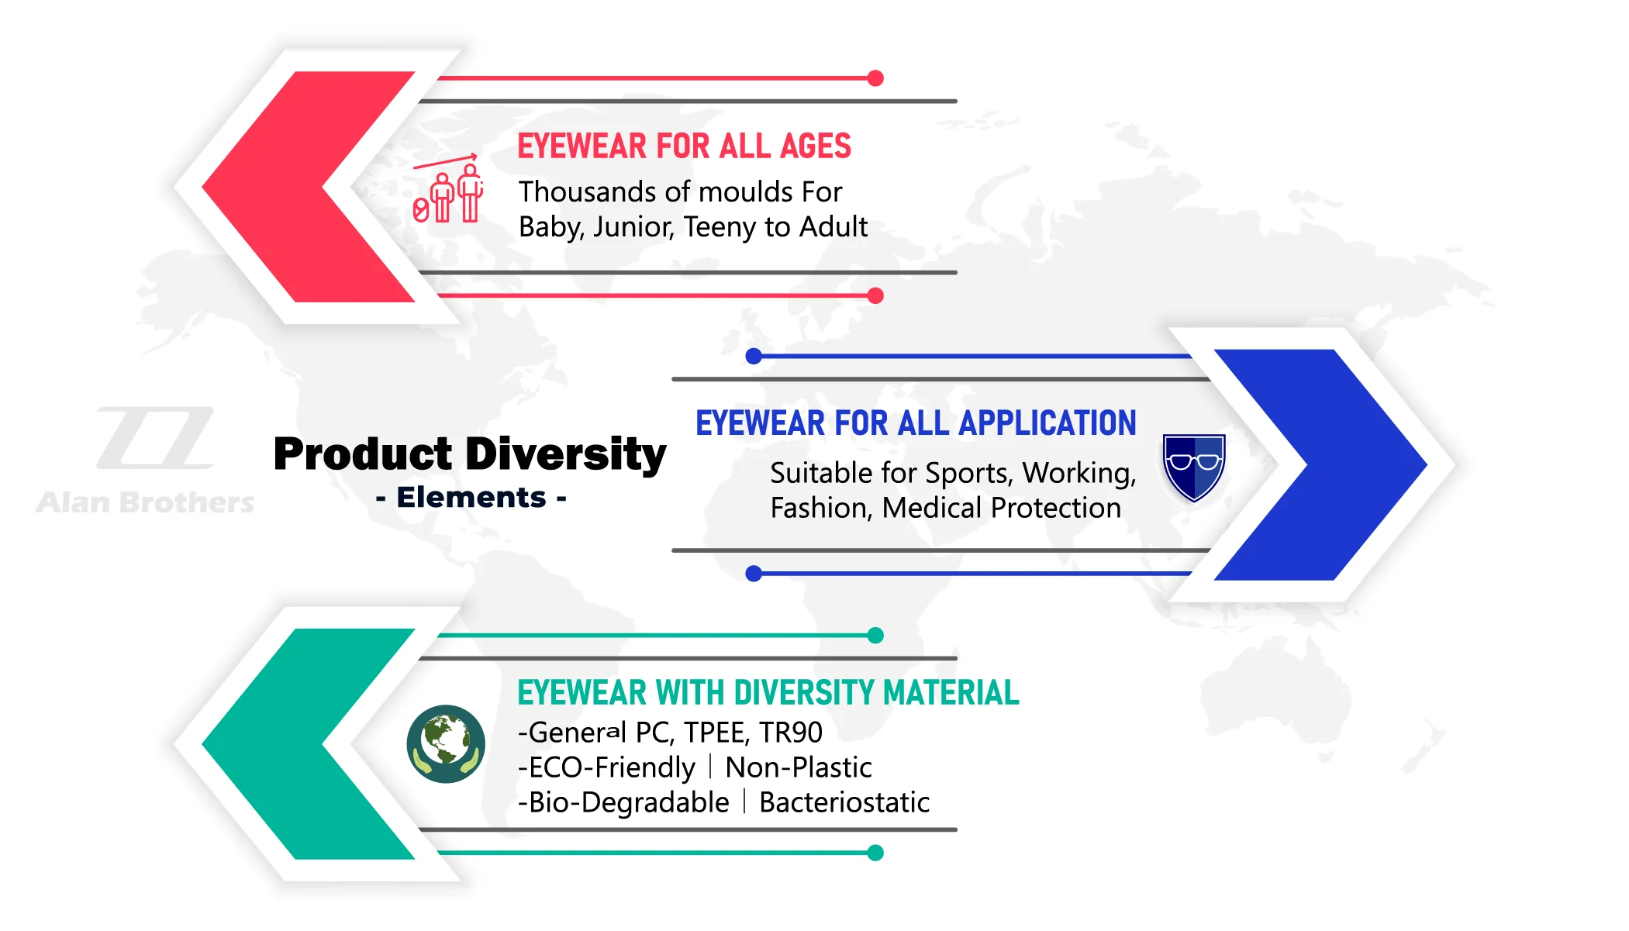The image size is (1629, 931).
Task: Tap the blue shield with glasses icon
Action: pos(1194,467)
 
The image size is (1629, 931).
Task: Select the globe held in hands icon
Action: pos(446,743)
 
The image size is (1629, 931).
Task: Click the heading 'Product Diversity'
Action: pos(470,454)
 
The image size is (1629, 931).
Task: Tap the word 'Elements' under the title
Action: pos(471,497)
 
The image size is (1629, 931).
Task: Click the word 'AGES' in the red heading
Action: pos(816,147)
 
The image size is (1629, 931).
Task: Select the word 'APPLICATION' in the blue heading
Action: pos(1047,423)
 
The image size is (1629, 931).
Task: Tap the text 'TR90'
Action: pos(791,732)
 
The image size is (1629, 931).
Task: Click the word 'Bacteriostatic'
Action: pos(844,802)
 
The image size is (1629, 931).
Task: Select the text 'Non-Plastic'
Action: pos(799,767)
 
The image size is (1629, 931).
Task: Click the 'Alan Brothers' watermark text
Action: pos(145,502)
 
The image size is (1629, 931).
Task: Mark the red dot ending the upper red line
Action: pos(875,78)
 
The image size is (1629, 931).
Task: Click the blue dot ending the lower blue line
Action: pos(754,574)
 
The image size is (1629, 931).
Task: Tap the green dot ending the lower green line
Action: pos(875,853)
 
